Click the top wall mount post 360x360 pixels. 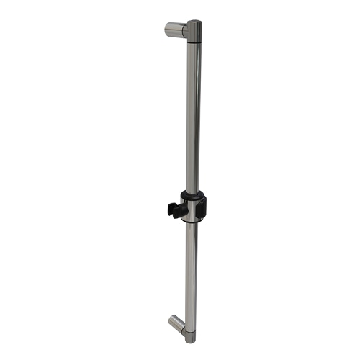[175, 30]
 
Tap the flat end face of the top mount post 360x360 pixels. [167, 30]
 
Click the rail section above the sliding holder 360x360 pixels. [192, 115]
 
